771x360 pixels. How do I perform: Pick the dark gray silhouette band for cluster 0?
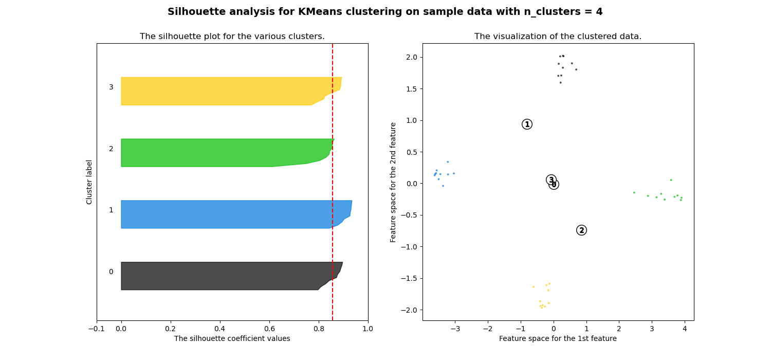(216, 276)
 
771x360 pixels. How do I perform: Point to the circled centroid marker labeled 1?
(527, 124)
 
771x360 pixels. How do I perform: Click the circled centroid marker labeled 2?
(581, 230)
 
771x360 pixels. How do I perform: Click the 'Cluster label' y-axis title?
(89, 182)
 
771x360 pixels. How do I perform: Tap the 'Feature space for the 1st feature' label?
(558, 338)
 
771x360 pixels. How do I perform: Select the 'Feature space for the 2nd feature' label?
(393, 182)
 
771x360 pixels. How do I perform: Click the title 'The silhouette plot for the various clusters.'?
(232, 37)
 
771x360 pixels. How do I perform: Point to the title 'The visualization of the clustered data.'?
(558, 37)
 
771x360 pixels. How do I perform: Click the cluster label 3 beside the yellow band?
(111, 87)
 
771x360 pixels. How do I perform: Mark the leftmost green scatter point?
(634, 193)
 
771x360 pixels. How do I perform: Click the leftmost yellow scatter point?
(534, 287)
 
